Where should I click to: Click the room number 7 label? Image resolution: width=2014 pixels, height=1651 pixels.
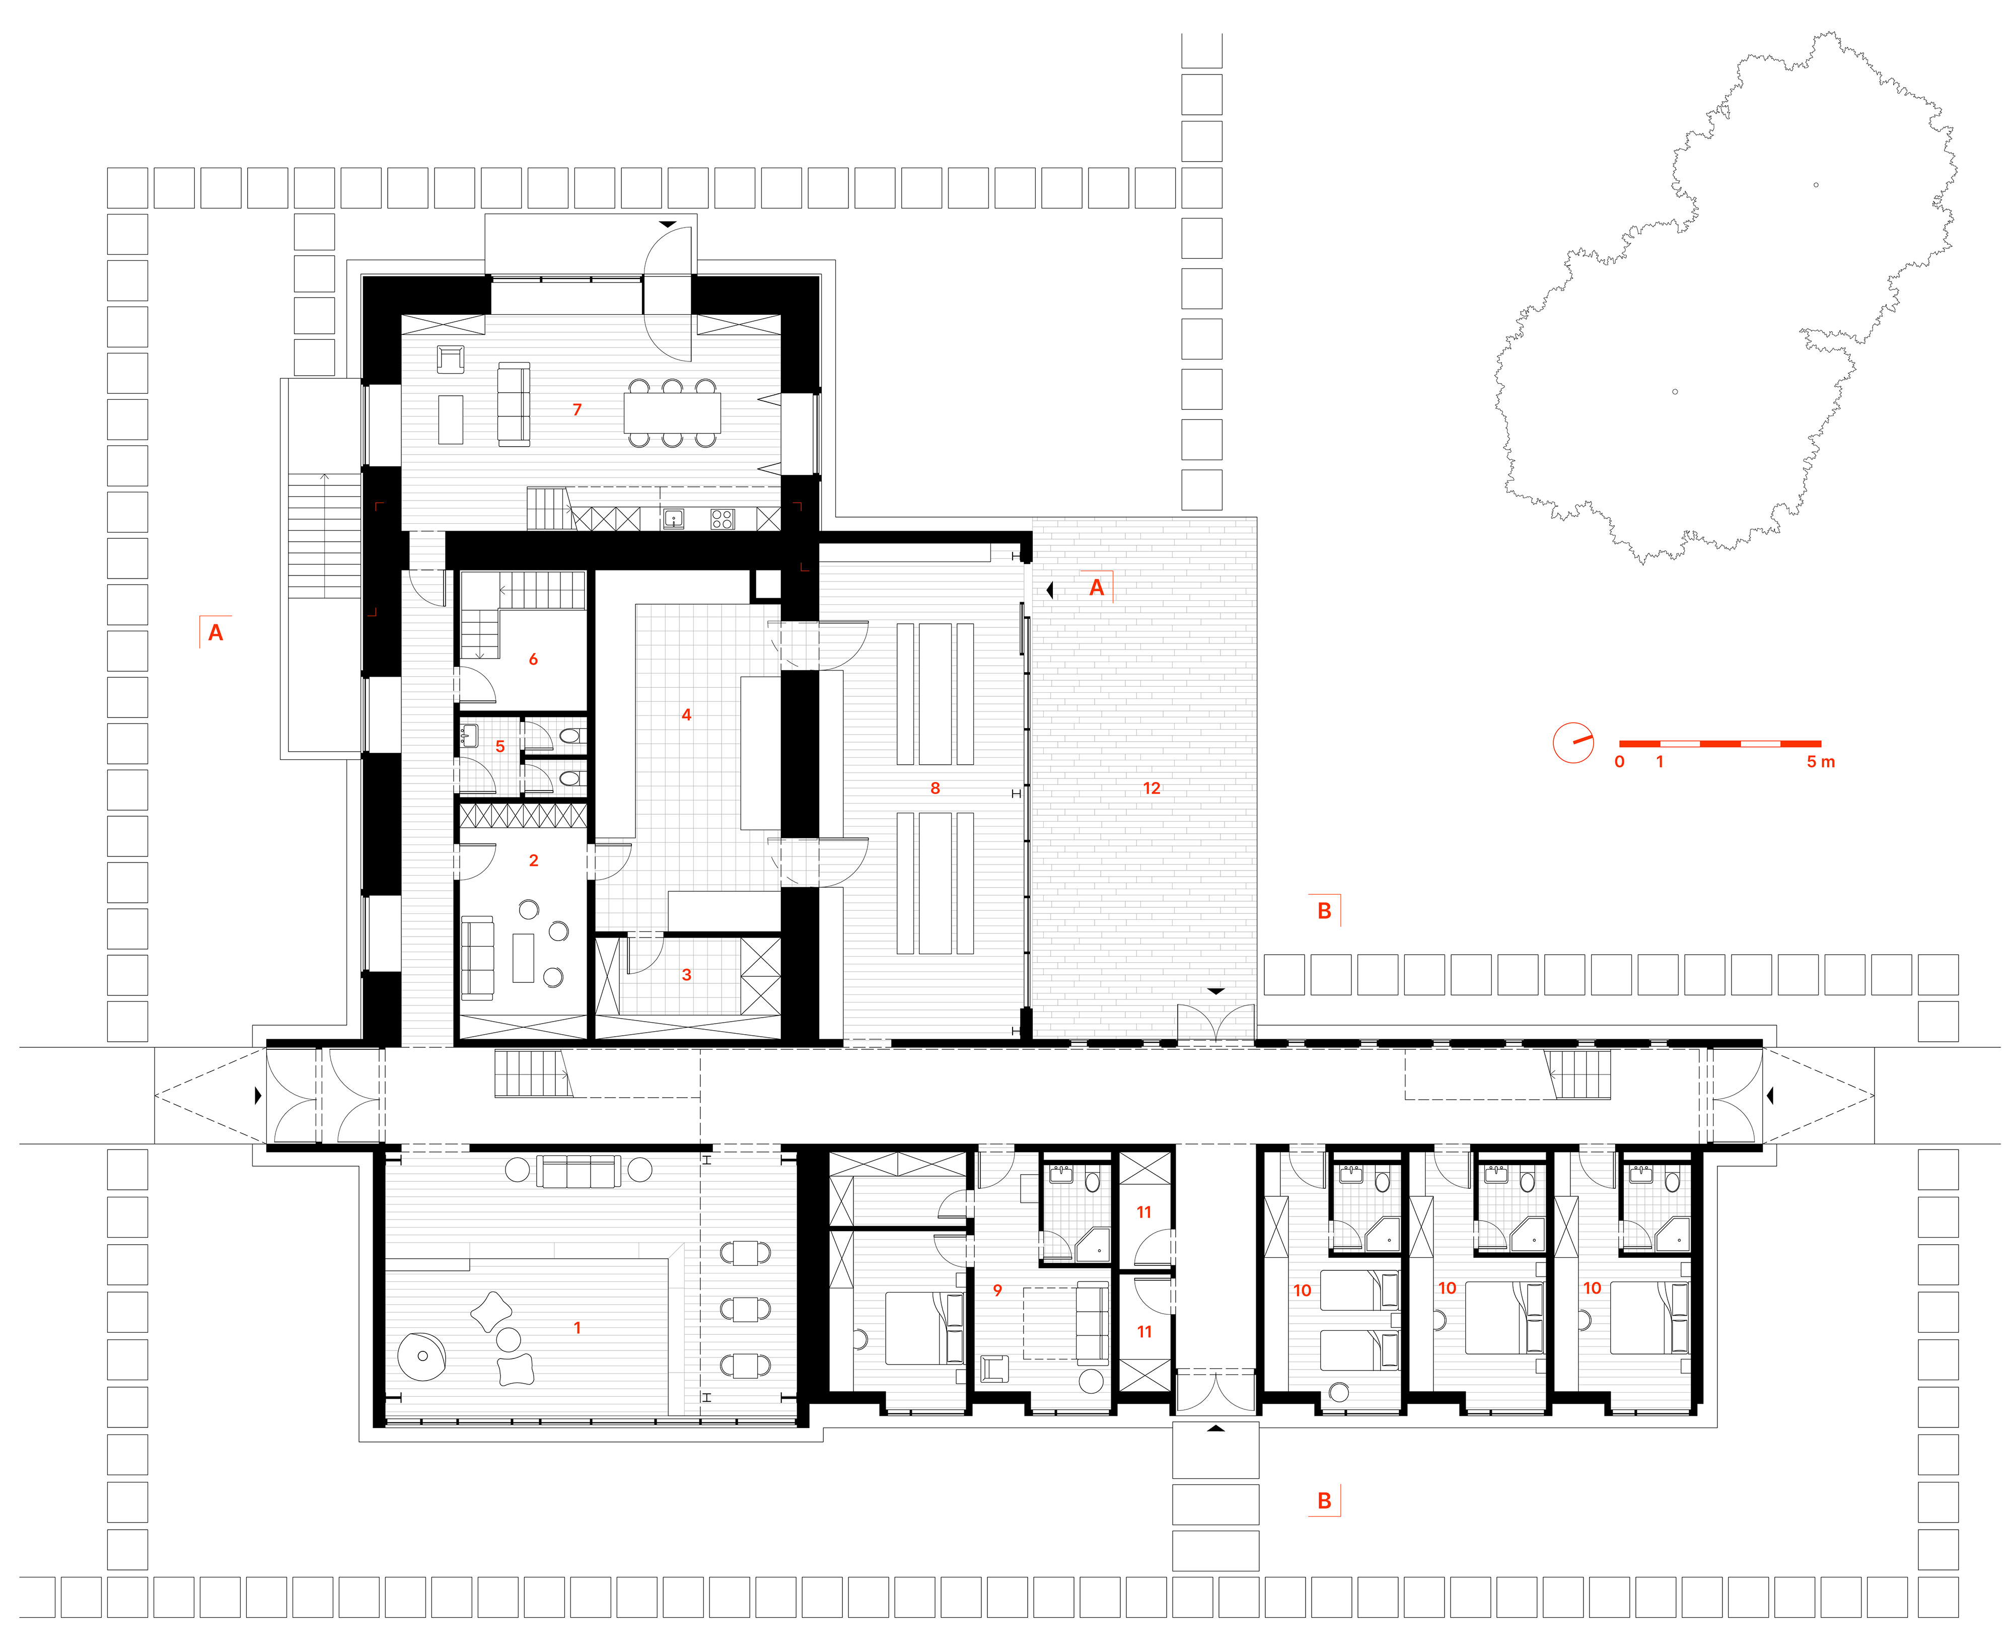tap(576, 410)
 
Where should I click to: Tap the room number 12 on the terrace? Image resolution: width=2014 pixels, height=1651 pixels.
tap(1152, 788)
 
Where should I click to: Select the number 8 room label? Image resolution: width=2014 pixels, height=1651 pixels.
tap(934, 788)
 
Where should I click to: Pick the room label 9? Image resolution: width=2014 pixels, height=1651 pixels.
tap(996, 1290)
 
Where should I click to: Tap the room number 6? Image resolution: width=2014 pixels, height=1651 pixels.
tap(533, 659)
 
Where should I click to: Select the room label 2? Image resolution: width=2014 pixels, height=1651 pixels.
tap(533, 860)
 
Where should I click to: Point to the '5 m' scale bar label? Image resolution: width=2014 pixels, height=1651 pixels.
tap(1820, 762)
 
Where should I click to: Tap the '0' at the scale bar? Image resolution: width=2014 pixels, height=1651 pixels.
tap(1619, 762)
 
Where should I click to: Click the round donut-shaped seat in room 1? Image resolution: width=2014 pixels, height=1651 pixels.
tap(422, 1356)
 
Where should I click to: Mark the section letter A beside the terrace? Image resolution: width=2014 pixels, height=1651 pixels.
tap(1097, 588)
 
